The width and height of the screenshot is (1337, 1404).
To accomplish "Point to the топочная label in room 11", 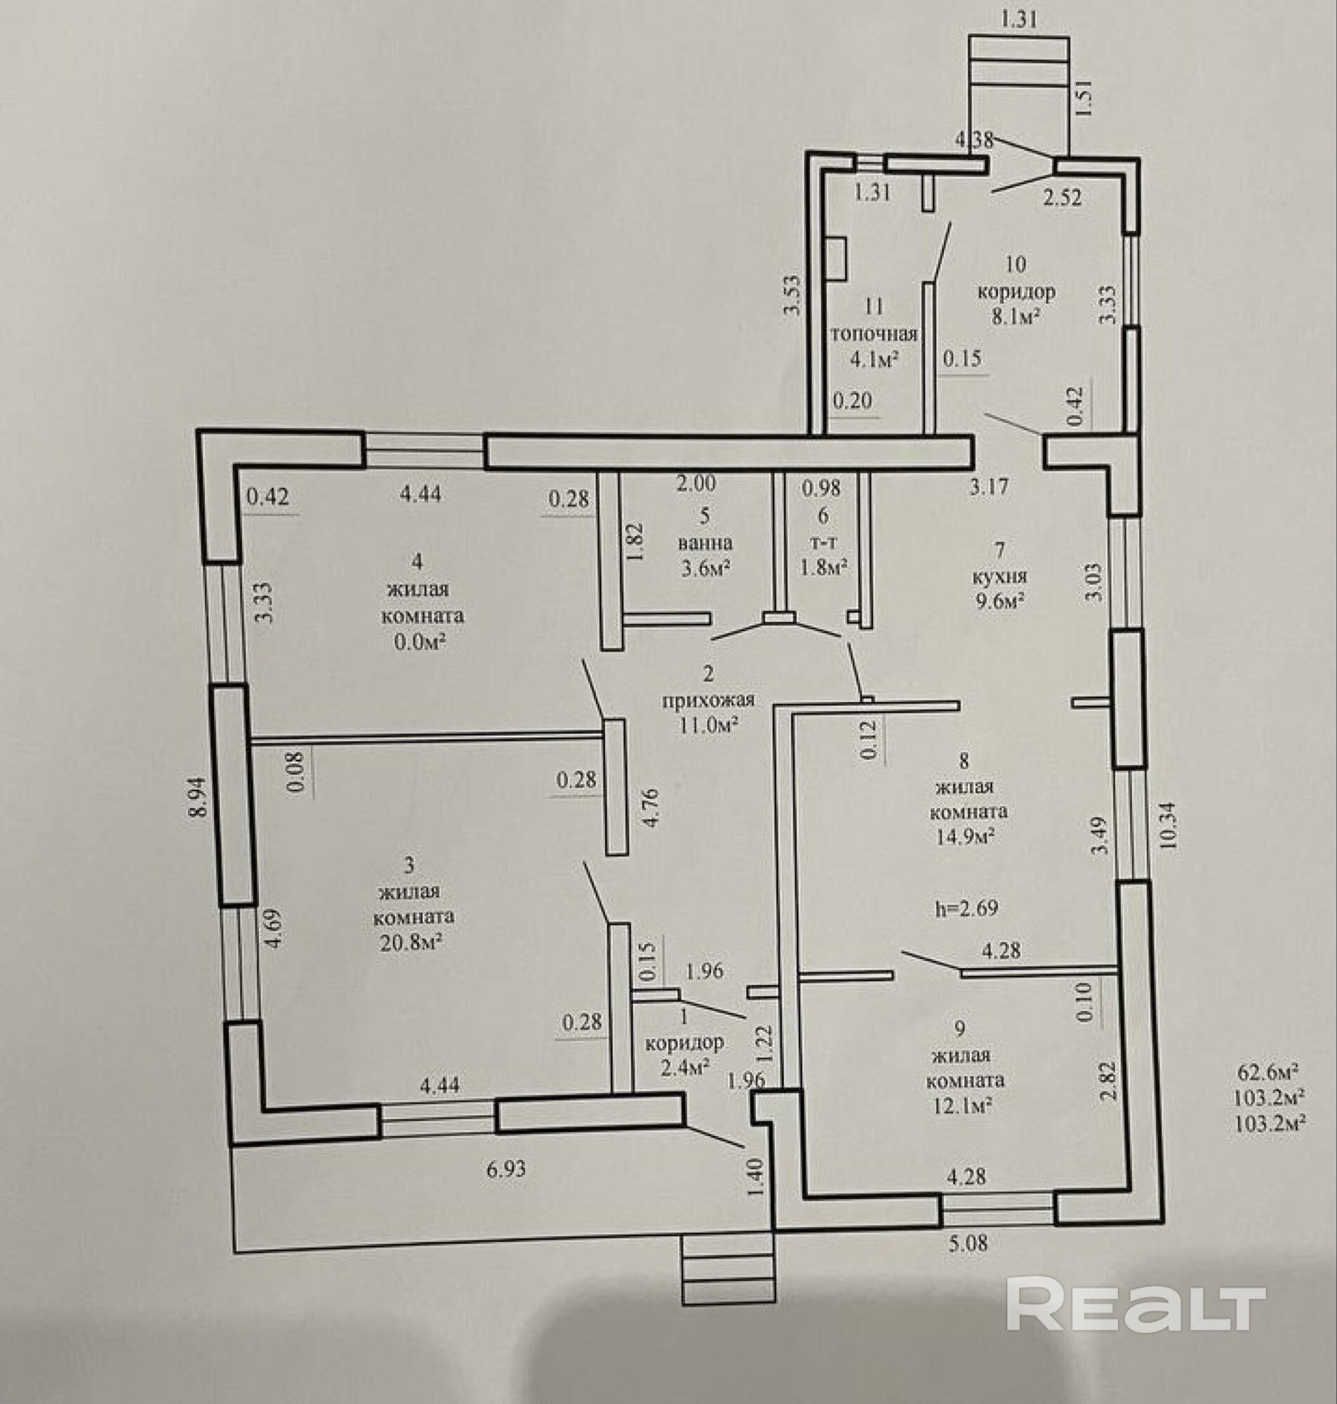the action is click(874, 333).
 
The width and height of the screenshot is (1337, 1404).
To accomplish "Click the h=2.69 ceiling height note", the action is click(966, 908).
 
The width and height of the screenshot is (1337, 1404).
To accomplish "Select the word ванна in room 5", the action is click(705, 543).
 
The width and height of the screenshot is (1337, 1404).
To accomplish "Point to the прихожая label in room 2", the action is click(707, 699).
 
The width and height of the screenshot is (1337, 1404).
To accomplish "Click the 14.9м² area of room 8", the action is click(965, 836).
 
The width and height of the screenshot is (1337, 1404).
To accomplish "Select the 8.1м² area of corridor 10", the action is click(1016, 317).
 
